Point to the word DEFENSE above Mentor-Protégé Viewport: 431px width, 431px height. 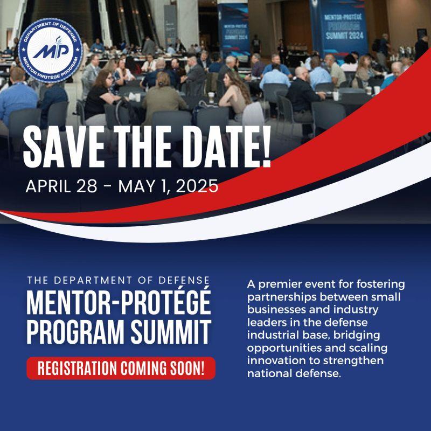tap(180, 280)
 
